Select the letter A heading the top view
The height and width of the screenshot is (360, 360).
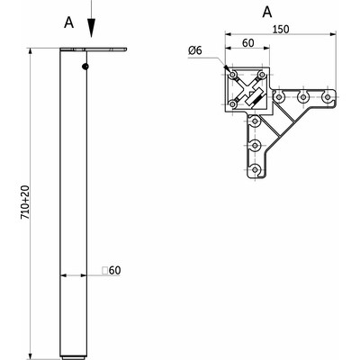[x=266, y=12]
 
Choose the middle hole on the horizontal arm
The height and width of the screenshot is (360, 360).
[x=304, y=96]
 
